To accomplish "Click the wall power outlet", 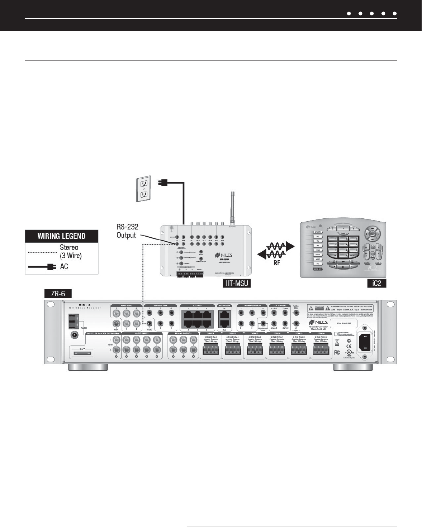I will (x=144, y=189).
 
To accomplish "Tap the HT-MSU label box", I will (x=236, y=284).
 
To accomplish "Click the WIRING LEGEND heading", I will (x=62, y=236).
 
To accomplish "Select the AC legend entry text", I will (x=64, y=267).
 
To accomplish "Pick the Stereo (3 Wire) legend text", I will (x=69, y=252).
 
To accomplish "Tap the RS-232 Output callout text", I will (x=127, y=231).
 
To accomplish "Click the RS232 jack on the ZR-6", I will (x=149, y=323).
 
